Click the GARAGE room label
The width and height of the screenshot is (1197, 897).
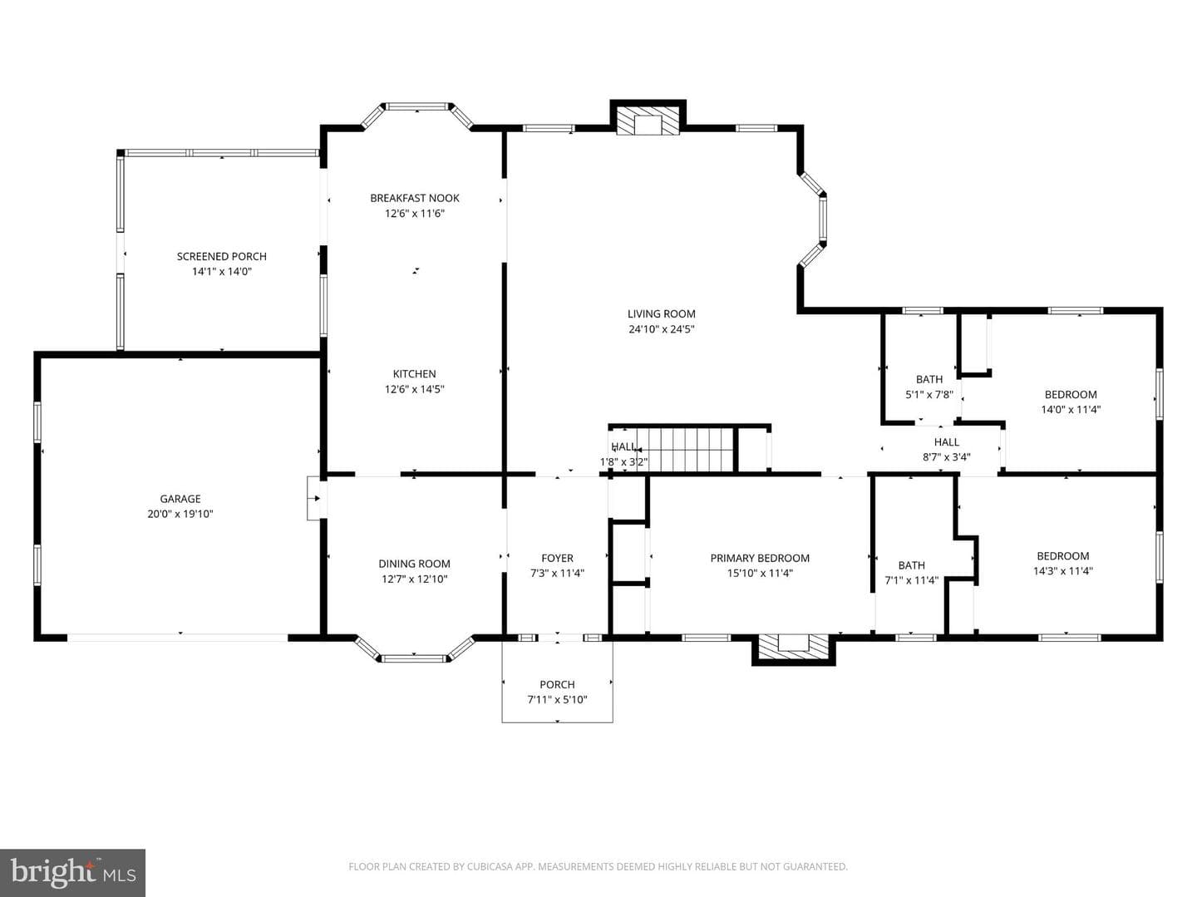pyautogui.click(x=180, y=499)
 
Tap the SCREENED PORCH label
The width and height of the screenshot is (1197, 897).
pyautogui.click(x=221, y=256)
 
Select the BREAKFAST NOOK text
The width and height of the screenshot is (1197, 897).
pyautogui.click(x=415, y=198)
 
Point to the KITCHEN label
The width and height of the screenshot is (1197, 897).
pyautogui.click(x=415, y=373)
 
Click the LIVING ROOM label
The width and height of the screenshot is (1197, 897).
pyautogui.click(x=661, y=313)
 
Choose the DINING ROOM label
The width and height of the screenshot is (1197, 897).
pyautogui.click(x=415, y=564)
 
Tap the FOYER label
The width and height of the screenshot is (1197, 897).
pyautogui.click(x=557, y=558)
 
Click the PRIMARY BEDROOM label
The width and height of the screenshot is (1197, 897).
pyautogui.click(x=760, y=558)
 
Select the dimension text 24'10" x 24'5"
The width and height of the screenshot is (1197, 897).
pyautogui.click(x=661, y=329)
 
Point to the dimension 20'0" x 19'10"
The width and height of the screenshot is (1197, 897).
pyautogui.click(x=180, y=514)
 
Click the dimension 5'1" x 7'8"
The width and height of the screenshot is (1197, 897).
pyautogui.click(x=929, y=394)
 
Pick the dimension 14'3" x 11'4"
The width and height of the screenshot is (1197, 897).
pyautogui.click(x=1063, y=571)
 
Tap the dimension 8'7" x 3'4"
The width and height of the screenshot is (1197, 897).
pyautogui.click(x=946, y=457)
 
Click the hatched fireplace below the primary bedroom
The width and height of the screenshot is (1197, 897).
pyautogui.click(x=794, y=647)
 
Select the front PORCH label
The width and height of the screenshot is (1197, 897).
pyautogui.click(x=557, y=684)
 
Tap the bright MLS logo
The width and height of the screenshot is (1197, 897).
pyautogui.click(x=72, y=872)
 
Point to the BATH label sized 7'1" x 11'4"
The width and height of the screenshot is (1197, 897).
pyautogui.click(x=911, y=565)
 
